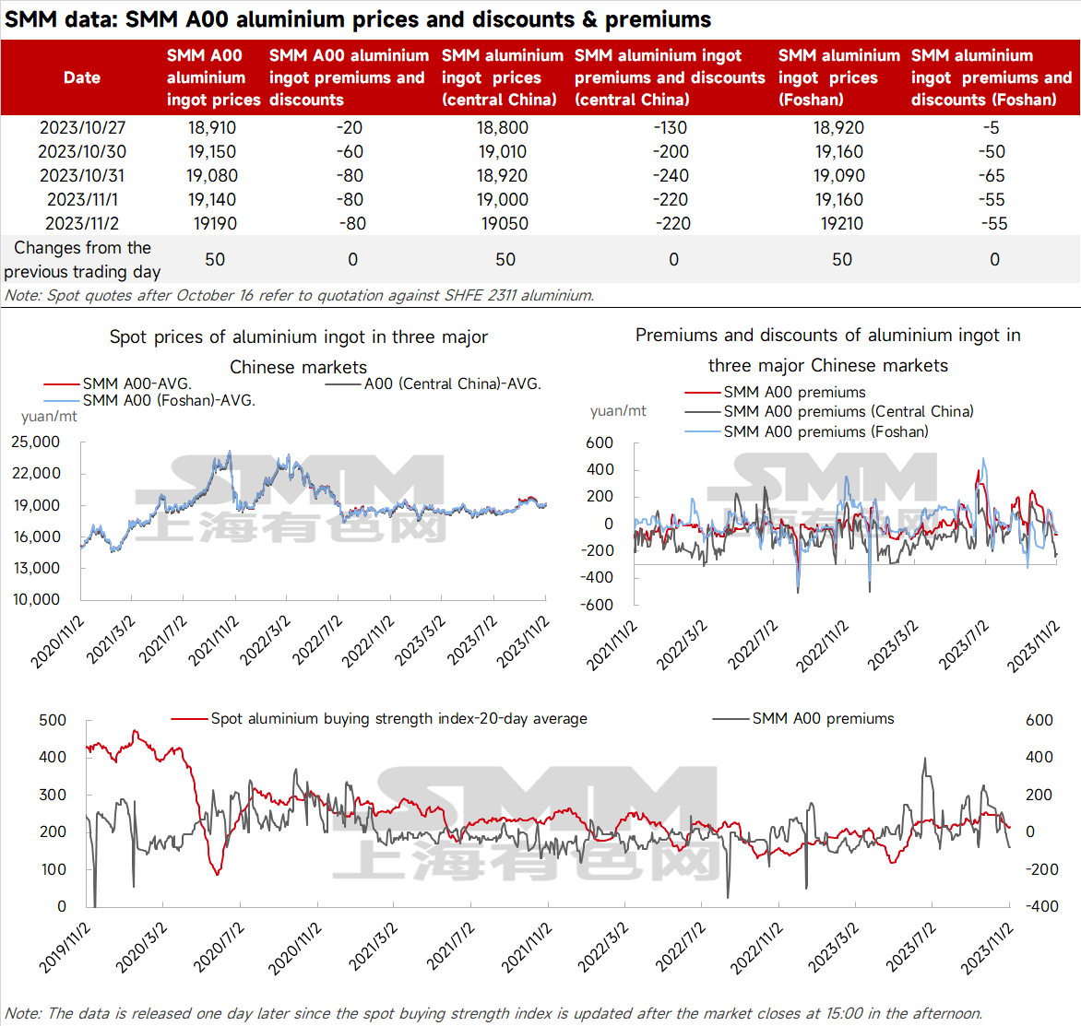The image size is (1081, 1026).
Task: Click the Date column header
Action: tap(81, 77)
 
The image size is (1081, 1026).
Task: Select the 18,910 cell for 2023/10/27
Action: tap(211, 127)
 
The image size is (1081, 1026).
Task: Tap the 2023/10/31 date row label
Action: tap(81, 176)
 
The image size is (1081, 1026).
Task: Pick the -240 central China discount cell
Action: tap(671, 176)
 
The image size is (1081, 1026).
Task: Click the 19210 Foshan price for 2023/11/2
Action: tap(841, 223)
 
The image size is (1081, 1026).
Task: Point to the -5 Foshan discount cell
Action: tap(991, 127)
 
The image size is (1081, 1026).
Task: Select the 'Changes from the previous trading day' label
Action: tap(82, 259)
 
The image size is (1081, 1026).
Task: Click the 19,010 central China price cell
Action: tap(502, 151)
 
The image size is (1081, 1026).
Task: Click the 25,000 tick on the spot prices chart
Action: tap(35, 442)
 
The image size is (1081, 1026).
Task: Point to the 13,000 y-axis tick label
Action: tap(36, 568)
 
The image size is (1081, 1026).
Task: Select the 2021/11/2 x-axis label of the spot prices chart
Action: tap(213, 641)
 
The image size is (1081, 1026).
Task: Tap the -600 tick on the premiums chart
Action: tap(597, 605)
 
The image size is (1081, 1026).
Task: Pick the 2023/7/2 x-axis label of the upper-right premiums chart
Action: tap(963, 645)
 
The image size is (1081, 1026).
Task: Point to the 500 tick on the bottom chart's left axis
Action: tap(53, 720)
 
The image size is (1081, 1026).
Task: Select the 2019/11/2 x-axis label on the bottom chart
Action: tap(64, 949)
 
